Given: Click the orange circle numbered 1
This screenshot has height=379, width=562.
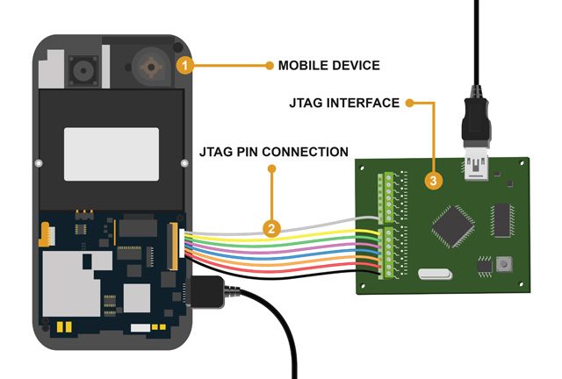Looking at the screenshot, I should click(x=184, y=64).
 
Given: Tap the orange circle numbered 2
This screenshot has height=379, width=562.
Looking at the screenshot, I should click(x=272, y=230).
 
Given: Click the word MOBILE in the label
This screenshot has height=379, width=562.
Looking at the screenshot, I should click(x=304, y=65).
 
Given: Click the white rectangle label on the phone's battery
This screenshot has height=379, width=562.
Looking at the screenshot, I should click(x=112, y=154).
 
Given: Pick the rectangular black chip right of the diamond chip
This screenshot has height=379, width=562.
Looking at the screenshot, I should click(x=501, y=220).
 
